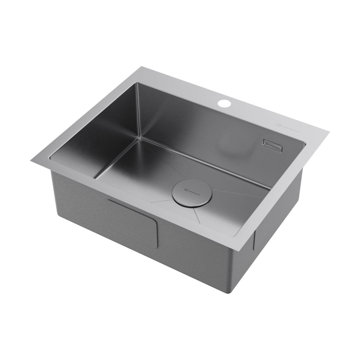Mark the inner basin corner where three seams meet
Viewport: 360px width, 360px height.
pyautogui.click(x=140, y=137)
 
